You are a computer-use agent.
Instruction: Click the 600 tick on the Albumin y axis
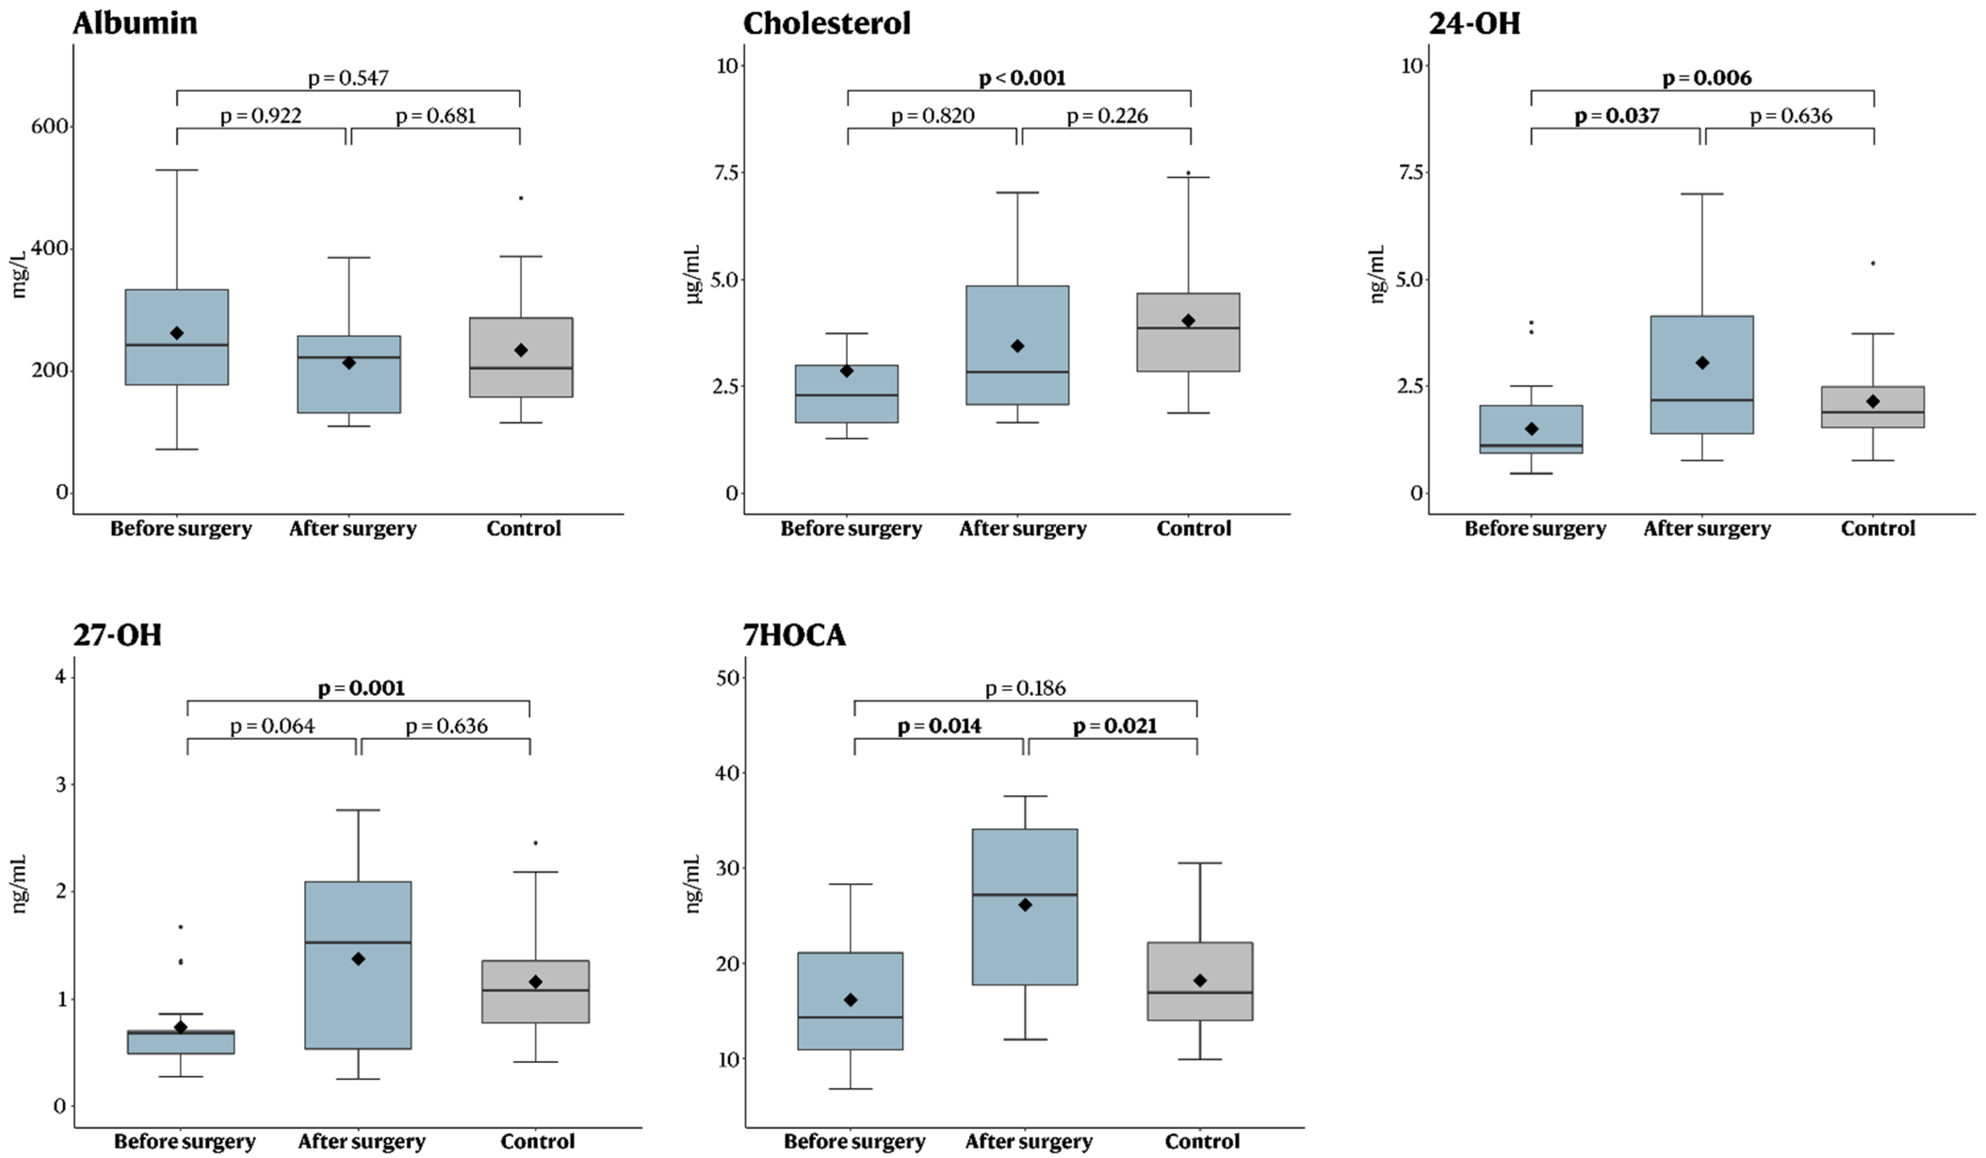point(49,126)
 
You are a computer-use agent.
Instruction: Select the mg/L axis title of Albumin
point(19,274)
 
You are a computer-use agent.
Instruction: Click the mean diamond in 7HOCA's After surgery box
point(1024,905)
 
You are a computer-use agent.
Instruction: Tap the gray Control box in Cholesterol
point(1188,332)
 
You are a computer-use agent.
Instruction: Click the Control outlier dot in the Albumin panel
point(520,198)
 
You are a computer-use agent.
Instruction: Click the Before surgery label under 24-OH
point(1534,528)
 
